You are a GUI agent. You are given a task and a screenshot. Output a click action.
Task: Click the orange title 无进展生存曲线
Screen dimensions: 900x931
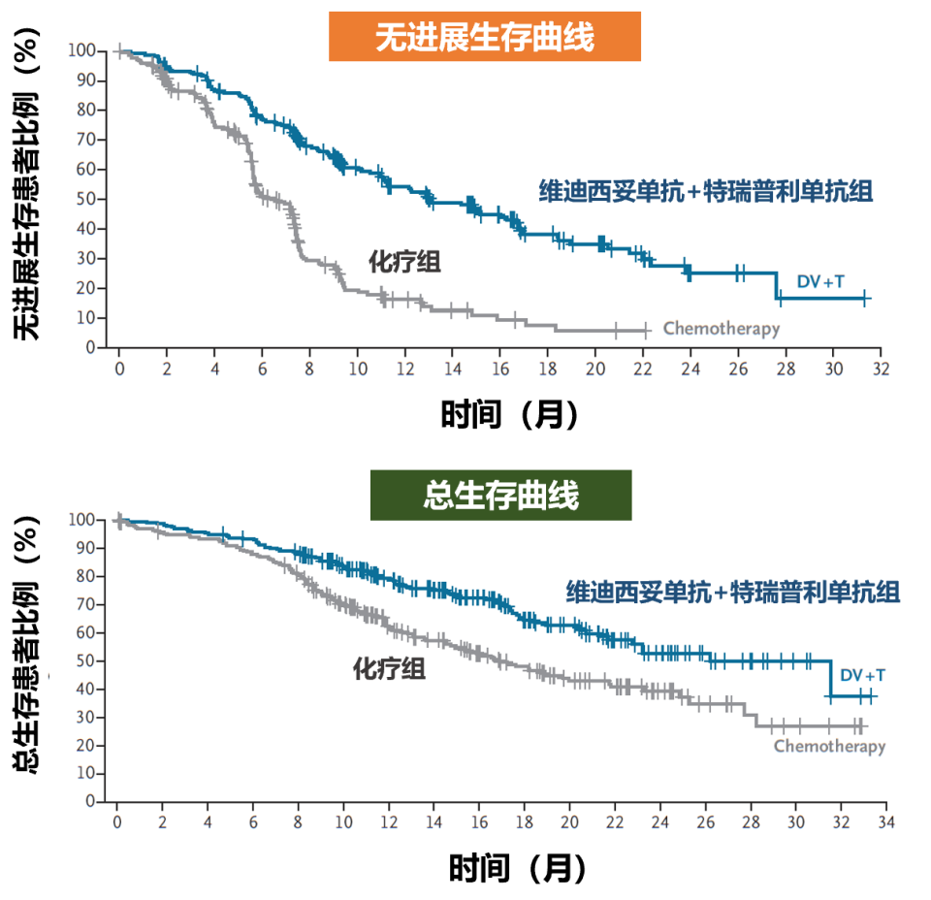point(484,37)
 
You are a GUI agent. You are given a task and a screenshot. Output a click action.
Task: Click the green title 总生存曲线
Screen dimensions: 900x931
point(500,495)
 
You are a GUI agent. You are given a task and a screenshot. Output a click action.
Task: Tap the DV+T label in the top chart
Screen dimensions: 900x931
point(820,281)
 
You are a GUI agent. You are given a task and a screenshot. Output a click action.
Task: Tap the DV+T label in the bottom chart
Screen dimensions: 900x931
point(862,674)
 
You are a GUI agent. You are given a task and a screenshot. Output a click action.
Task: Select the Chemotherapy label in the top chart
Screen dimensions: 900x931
point(721,329)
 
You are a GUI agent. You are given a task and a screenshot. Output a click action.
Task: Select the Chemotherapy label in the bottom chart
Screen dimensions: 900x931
point(829,746)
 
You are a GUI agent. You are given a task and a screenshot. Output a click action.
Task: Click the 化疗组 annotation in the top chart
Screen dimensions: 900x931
point(404,262)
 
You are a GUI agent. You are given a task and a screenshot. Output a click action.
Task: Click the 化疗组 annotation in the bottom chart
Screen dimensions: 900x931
point(389,668)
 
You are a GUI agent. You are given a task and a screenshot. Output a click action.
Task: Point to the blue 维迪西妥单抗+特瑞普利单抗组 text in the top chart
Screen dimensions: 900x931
point(706,191)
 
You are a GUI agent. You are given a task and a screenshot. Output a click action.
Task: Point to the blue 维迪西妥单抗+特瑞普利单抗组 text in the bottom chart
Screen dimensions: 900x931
point(733,591)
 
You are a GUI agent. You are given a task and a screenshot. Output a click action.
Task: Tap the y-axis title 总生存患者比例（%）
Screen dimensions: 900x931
point(29,646)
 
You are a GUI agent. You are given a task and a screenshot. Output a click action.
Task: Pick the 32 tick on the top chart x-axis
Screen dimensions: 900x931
point(881,370)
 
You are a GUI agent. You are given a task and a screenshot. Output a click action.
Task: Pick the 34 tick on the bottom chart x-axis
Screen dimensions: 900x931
point(885,823)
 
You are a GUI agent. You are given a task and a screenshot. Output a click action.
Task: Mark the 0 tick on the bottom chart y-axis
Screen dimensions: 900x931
point(90,802)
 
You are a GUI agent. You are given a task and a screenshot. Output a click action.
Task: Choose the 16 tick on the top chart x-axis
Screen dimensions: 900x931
point(499,370)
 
